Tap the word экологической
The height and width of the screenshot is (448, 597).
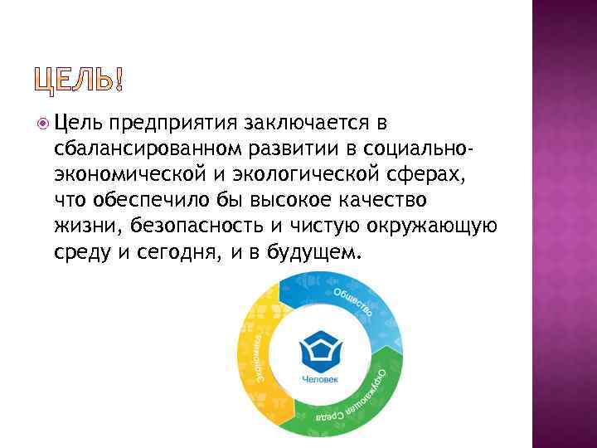pyautogui.click(x=284, y=174)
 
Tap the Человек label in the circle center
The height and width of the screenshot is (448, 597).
pyautogui.click(x=319, y=381)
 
